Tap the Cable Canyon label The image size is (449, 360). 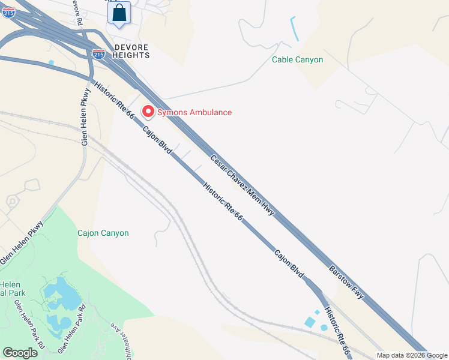297,59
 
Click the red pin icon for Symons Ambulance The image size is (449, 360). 148,112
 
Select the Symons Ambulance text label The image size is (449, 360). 194,112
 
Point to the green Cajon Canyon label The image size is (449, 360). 103,233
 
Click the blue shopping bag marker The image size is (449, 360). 119,13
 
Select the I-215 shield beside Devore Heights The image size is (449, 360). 99,54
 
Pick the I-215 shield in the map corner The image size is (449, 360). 8,11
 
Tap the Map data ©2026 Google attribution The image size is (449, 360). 412,355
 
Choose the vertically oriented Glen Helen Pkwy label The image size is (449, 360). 85,117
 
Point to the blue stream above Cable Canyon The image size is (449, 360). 294,28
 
